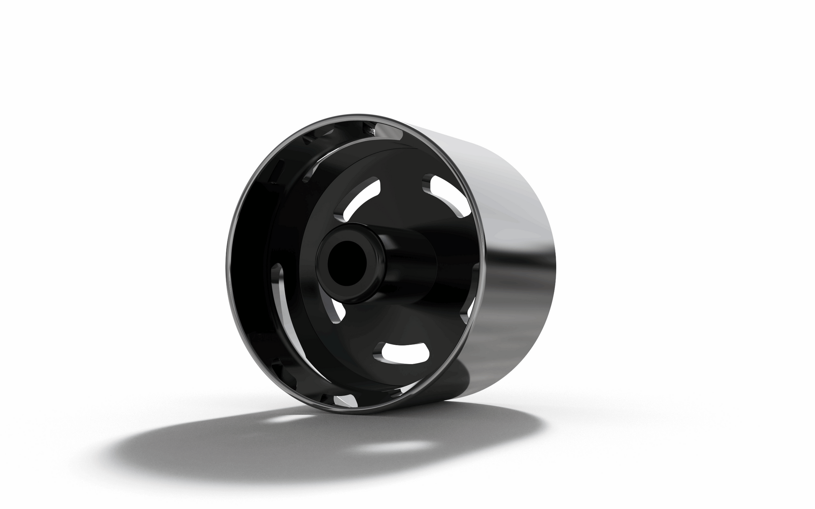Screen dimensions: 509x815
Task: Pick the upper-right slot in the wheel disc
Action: (x=448, y=195)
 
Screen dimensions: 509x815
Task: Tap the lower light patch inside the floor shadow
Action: (x=392, y=447)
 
